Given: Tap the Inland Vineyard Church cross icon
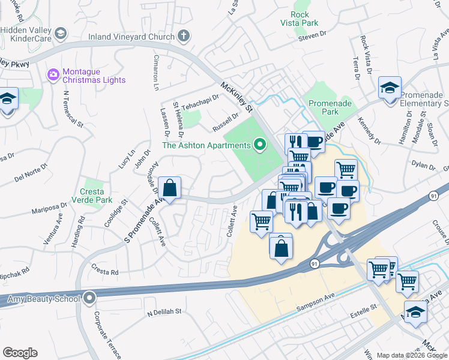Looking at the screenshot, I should [x=183, y=36].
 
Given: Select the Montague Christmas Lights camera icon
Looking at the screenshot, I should [x=53, y=74].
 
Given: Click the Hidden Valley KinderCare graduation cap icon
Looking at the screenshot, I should [x=60, y=34].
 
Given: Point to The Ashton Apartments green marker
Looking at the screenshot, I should [x=260, y=145].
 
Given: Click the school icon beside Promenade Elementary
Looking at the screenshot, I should [x=390, y=89].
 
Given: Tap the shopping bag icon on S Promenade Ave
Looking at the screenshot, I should [x=170, y=188].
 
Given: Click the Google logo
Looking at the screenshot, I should [x=20, y=353].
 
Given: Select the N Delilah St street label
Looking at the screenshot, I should [x=163, y=313].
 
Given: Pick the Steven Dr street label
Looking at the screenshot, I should [x=312, y=38].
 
